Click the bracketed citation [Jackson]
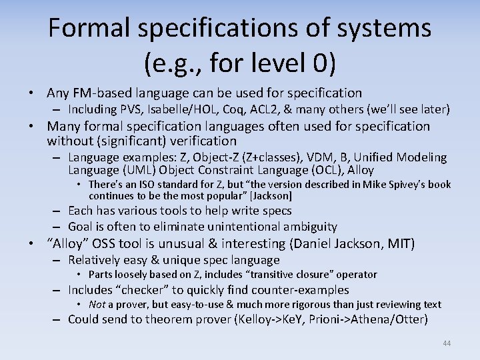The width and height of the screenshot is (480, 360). [x=269, y=196]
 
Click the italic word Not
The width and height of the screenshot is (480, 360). [x=97, y=305]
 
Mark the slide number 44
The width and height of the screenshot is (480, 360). [x=447, y=343]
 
